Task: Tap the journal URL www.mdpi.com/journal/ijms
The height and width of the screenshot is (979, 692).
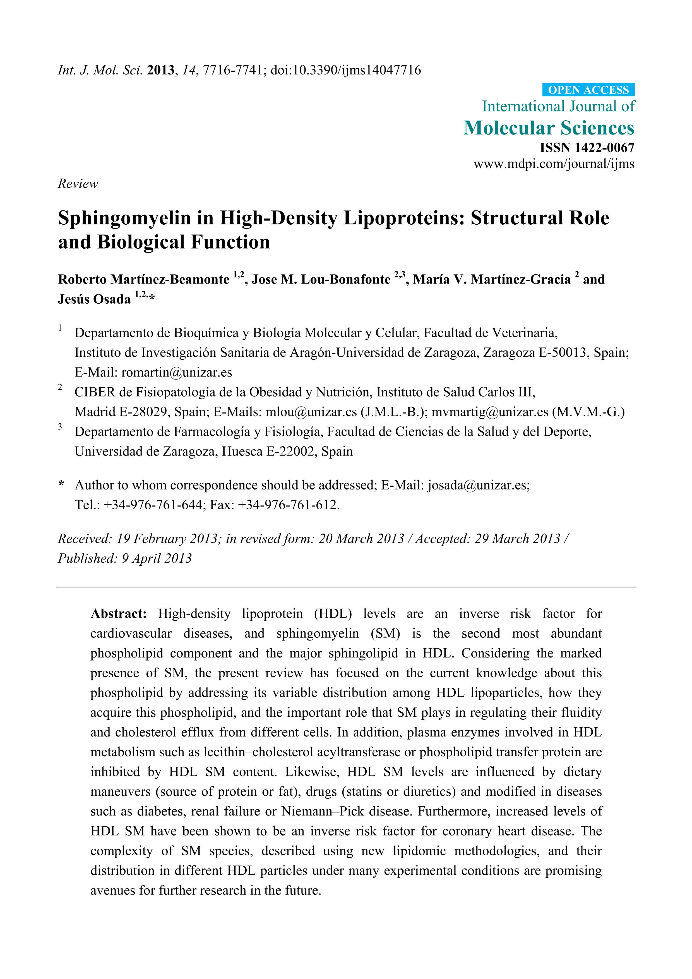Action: point(553,164)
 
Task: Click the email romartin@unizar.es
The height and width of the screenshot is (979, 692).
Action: point(177,372)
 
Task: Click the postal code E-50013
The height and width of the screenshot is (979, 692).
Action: point(562,353)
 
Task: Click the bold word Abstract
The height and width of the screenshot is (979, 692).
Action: point(118,614)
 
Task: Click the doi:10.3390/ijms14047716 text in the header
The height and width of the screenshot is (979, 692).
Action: point(345,70)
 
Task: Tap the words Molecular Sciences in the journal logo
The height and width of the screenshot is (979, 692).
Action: point(549,128)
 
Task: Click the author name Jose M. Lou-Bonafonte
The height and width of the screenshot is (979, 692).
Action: point(321,279)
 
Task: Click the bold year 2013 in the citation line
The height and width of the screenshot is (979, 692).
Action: point(160,70)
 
